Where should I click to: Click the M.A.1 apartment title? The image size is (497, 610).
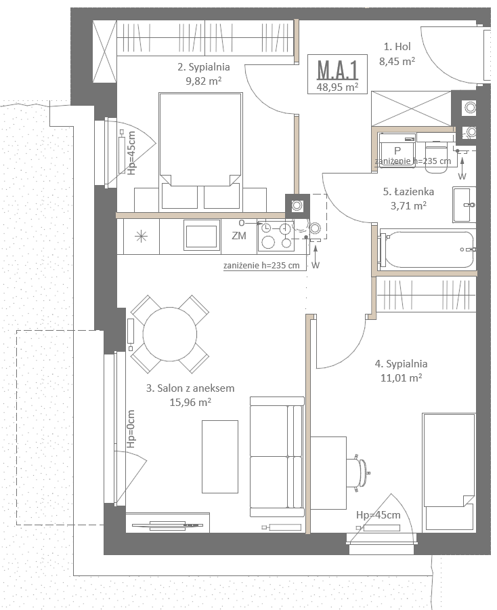[x=337, y=70]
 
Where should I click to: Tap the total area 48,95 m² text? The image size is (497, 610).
[x=337, y=87]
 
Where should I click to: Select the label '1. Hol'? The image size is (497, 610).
[x=397, y=47]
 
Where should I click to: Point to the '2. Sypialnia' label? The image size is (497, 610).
[x=204, y=67]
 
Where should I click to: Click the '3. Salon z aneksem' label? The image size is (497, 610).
[x=190, y=388]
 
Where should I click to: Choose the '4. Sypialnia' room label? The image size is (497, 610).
[x=401, y=364]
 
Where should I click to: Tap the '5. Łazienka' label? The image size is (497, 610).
[x=408, y=191]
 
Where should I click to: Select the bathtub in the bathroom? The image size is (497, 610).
[x=427, y=249]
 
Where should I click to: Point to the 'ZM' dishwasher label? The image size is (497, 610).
[x=238, y=235]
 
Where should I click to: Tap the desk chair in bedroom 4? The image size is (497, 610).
[x=360, y=472]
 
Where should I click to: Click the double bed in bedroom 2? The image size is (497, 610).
[x=200, y=152]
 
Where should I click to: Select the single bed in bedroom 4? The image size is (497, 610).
[x=449, y=472]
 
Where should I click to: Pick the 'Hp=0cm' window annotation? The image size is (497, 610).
[x=131, y=429]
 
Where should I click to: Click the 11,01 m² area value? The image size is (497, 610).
[x=401, y=378]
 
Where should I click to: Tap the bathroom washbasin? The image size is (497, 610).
[x=464, y=204]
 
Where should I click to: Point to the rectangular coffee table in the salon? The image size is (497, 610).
[x=220, y=457]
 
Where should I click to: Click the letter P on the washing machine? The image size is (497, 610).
[x=397, y=150]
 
